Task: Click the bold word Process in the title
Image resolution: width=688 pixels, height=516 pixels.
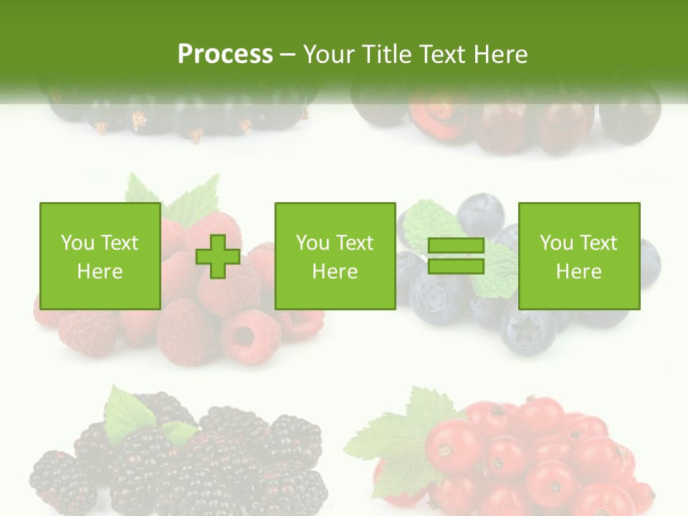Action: click(x=225, y=54)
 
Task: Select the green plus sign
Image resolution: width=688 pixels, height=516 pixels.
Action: click(x=218, y=257)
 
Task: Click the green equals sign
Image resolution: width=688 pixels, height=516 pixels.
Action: click(x=457, y=257)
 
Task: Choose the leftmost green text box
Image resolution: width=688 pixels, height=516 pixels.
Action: click(x=100, y=256)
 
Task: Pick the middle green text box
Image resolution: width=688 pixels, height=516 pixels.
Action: click(x=335, y=256)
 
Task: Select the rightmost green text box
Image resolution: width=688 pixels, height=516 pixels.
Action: click(x=578, y=256)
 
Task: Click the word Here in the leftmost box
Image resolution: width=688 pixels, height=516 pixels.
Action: click(x=100, y=272)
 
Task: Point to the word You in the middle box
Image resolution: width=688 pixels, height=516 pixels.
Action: click(x=312, y=243)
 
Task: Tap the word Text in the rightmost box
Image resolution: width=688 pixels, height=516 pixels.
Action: click(x=598, y=243)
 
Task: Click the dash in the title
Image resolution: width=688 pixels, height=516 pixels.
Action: click(x=287, y=54)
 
